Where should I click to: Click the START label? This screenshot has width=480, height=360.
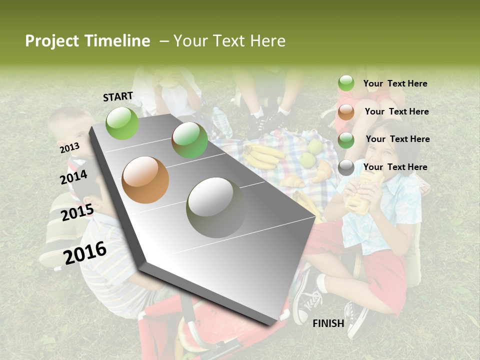[x=118, y=96]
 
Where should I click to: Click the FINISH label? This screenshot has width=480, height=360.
[x=328, y=323]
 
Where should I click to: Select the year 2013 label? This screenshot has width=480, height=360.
[x=69, y=147]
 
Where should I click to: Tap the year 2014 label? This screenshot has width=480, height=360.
[x=73, y=177]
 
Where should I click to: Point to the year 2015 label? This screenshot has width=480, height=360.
[x=77, y=212]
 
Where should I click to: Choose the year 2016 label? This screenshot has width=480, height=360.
[x=85, y=252]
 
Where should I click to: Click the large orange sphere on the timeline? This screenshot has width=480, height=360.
[x=145, y=180]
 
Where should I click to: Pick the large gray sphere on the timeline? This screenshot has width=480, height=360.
[x=216, y=207]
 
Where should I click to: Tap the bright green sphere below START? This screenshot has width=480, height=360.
[x=122, y=123]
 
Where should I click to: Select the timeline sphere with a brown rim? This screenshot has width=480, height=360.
[x=189, y=140]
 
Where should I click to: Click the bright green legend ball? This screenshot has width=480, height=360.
[x=346, y=83]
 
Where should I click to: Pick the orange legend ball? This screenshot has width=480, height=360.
[x=346, y=111]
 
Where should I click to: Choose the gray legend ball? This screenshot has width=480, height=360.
[x=346, y=167]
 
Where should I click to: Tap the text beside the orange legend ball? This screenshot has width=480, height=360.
[x=396, y=111]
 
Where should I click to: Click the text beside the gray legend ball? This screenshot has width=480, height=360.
[x=395, y=167]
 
